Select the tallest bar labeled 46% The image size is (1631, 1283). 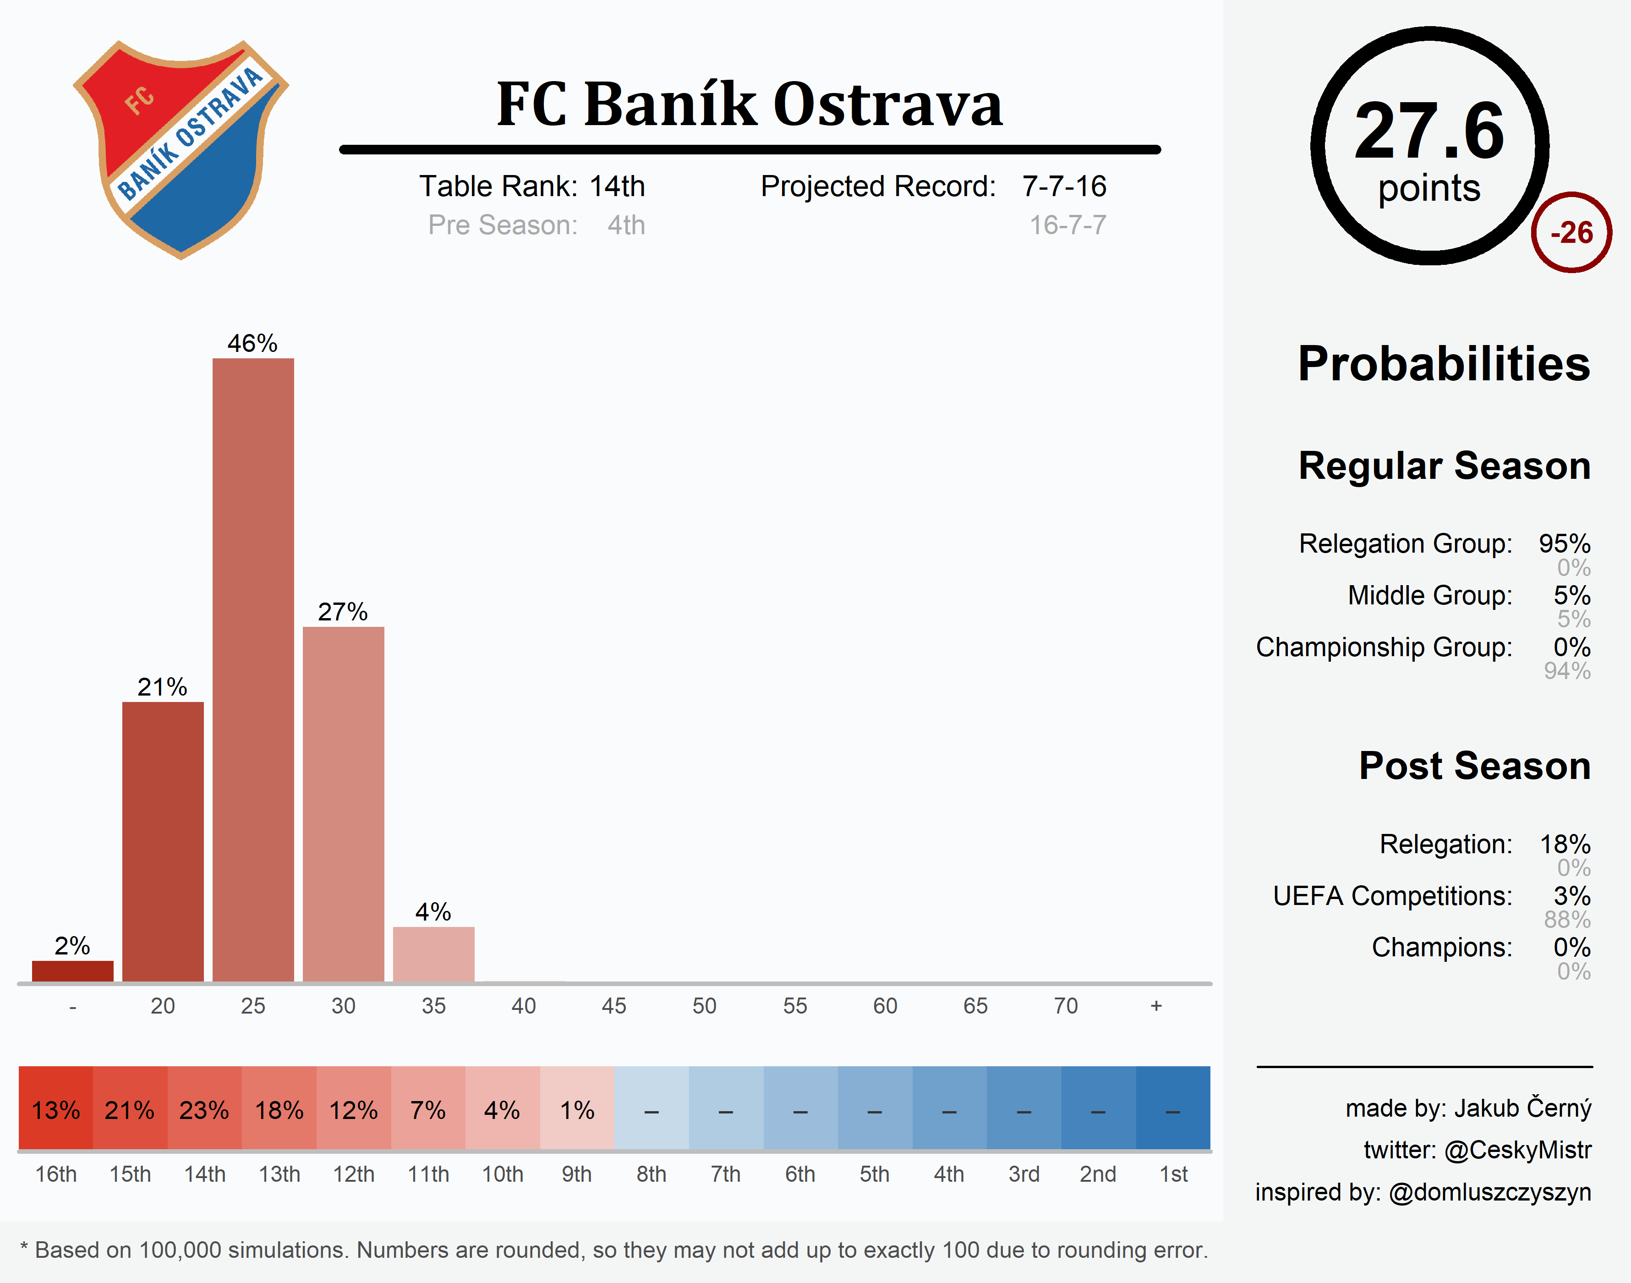pyautogui.click(x=253, y=669)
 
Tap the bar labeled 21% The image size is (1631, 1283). pyautogui.click(x=163, y=841)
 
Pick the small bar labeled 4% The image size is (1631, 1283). pyautogui.click(x=433, y=954)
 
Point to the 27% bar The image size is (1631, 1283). pyautogui.click(x=343, y=804)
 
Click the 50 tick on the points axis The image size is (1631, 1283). pyautogui.click(x=704, y=1006)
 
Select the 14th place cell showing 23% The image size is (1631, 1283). pyautogui.click(x=204, y=1109)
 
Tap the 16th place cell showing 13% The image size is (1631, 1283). pyautogui.click(x=55, y=1109)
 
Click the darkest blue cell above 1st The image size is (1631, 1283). pyautogui.click(x=1173, y=1109)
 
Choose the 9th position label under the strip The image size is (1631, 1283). pyautogui.click(x=577, y=1174)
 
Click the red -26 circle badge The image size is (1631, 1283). pyautogui.click(x=1571, y=233)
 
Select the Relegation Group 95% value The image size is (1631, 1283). pyautogui.click(x=1564, y=543)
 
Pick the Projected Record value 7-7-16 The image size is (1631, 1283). pyautogui.click(x=1064, y=186)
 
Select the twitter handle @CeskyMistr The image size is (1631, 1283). pyautogui.click(x=1518, y=1150)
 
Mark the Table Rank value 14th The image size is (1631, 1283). pyautogui.click(x=617, y=186)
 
